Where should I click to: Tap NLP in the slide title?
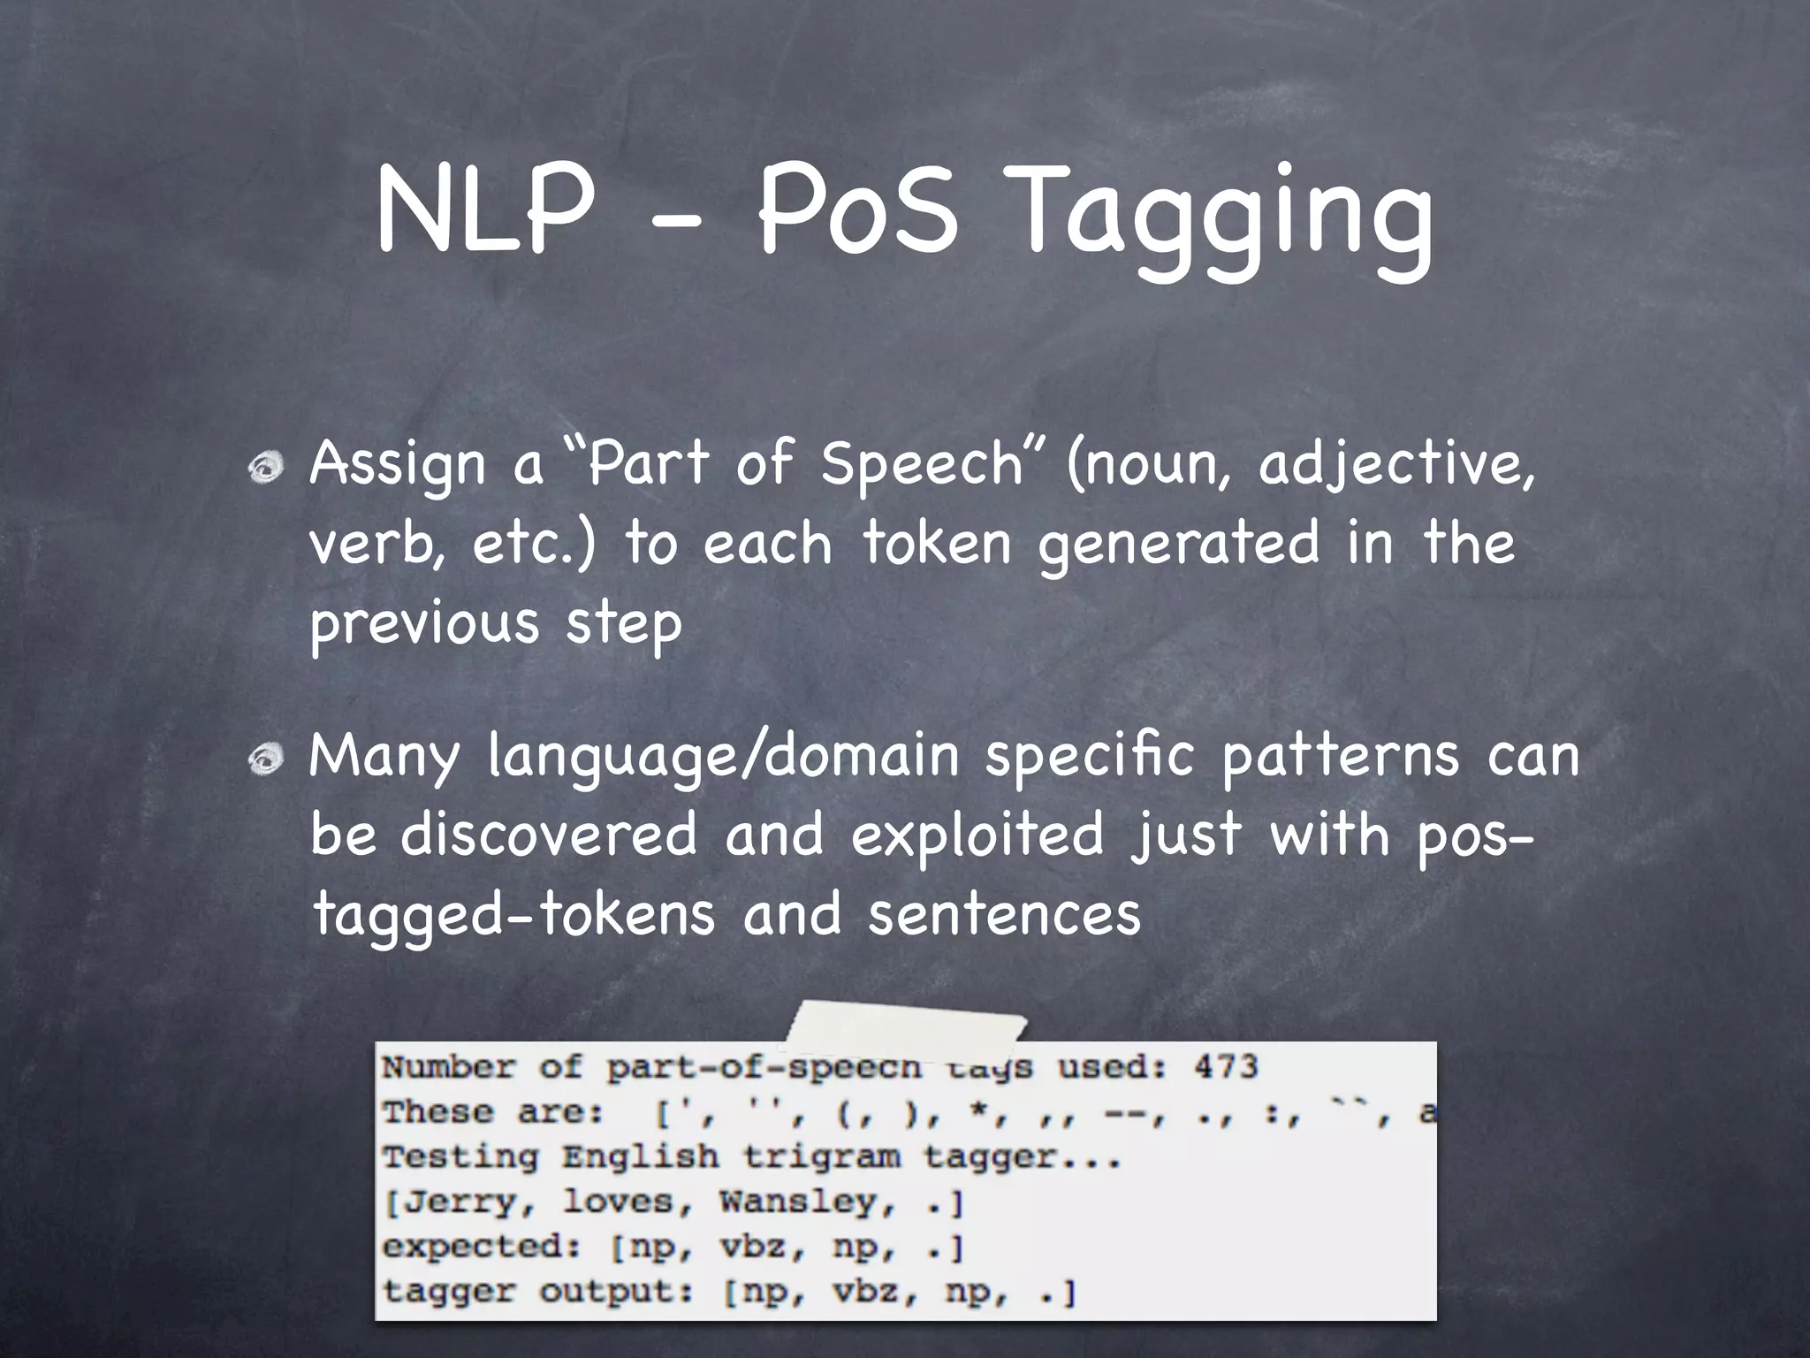(484, 212)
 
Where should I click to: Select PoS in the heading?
(857, 212)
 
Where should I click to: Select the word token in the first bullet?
(936, 542)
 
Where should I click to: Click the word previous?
(424, 622)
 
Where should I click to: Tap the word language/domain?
(724, 758)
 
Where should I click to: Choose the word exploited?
(977, 835)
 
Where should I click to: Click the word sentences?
(1004, 914)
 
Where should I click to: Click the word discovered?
(549, 835)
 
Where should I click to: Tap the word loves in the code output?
(618, 1202)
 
